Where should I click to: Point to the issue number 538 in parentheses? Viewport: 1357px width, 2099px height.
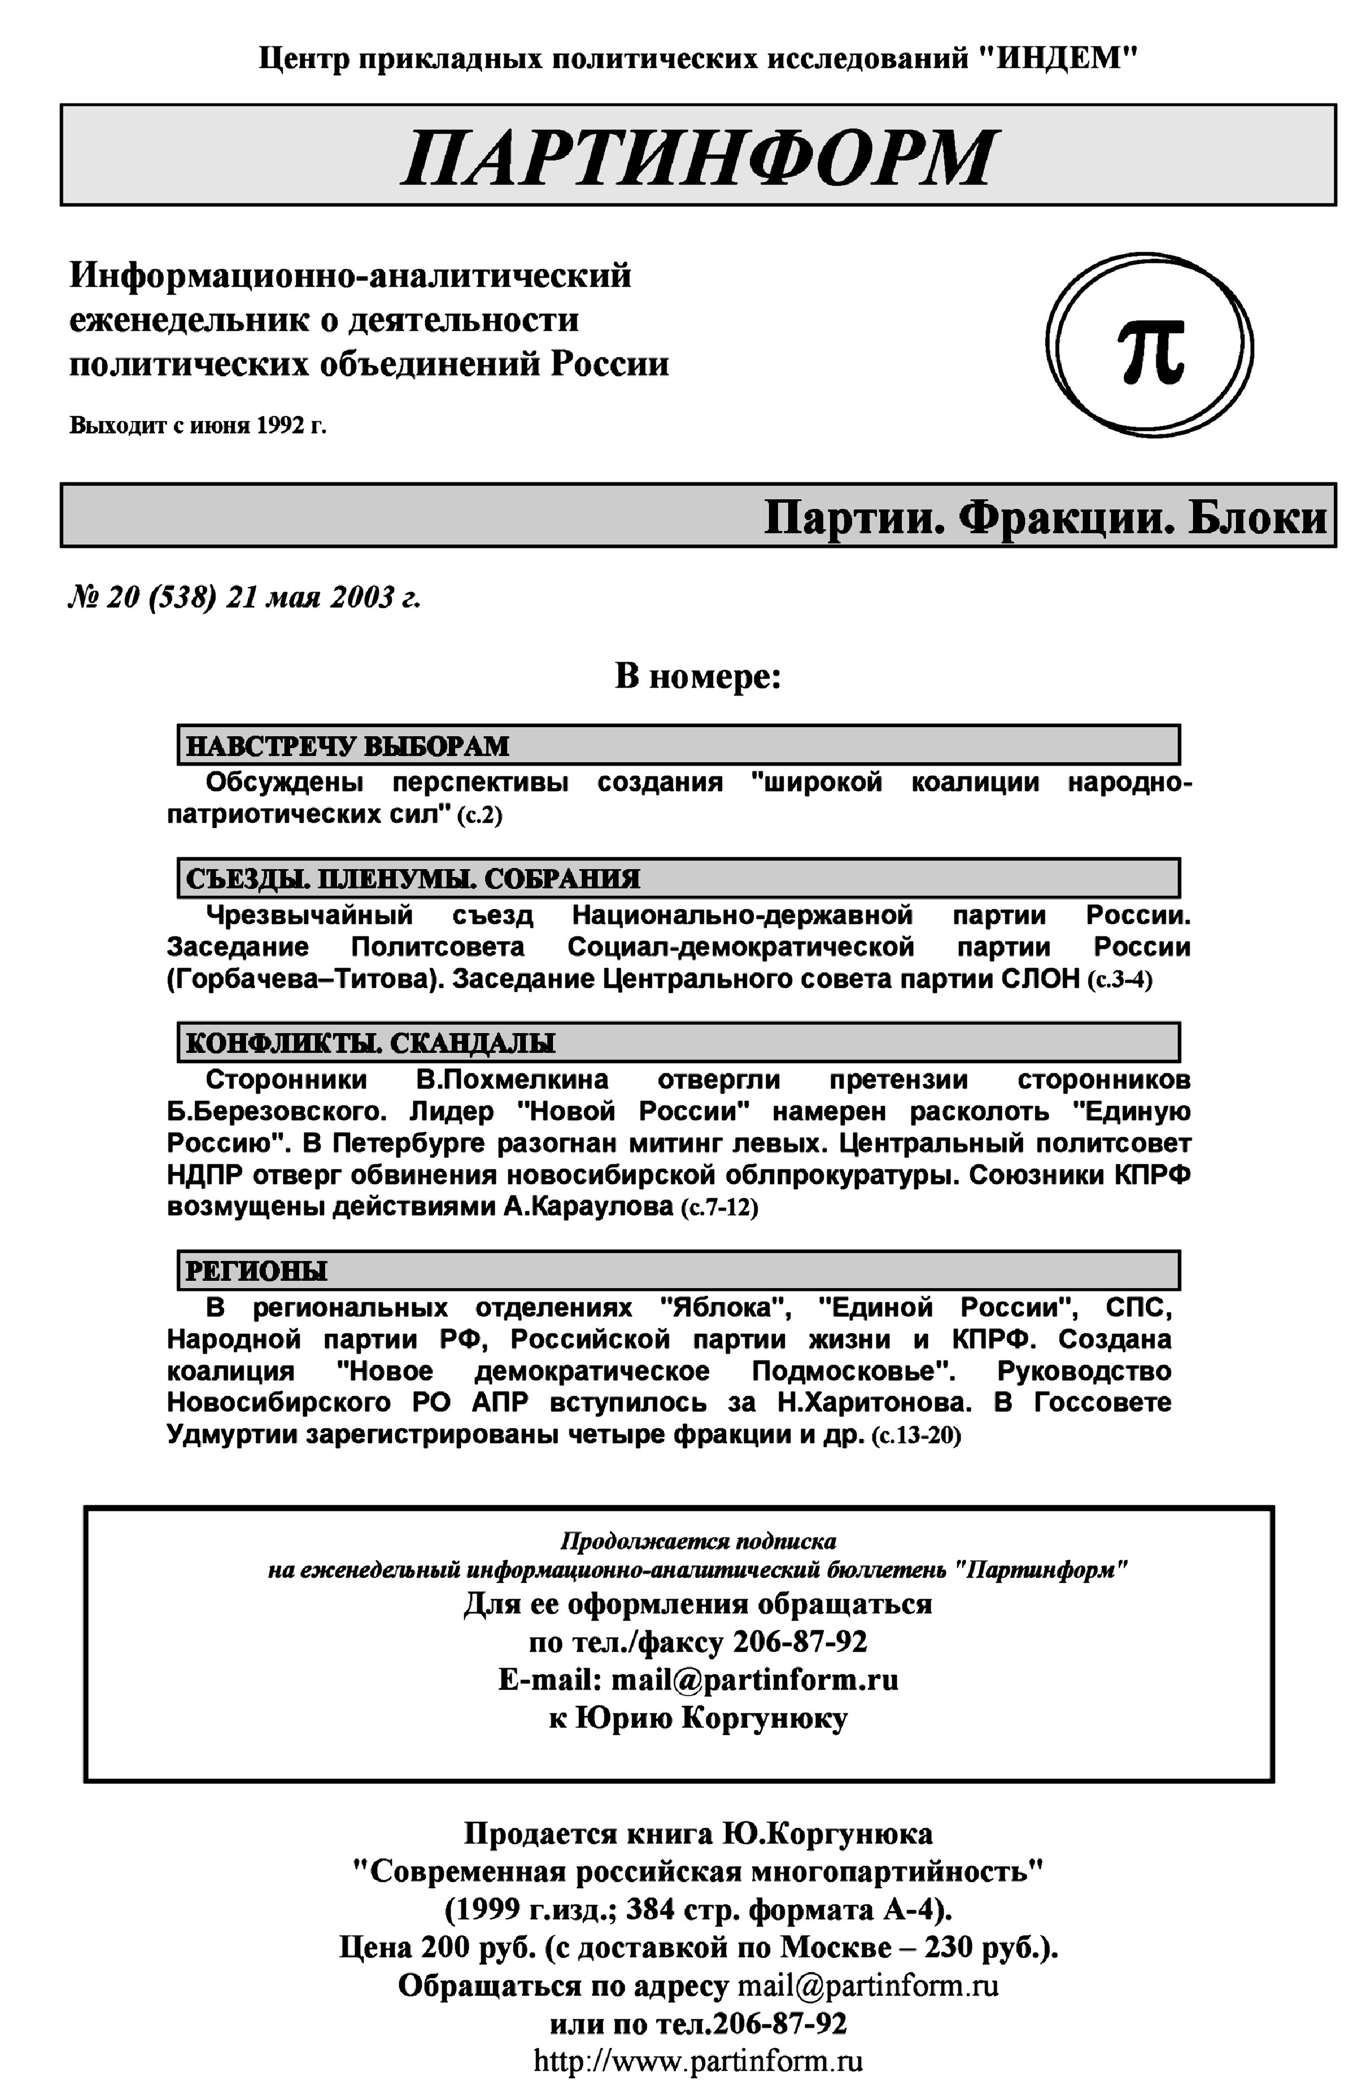(x=183, y=598)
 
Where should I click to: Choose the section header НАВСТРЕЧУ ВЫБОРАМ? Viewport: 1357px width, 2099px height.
(x=347, y=746)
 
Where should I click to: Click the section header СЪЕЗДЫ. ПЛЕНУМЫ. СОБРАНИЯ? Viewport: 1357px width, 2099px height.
(x=412, y=879)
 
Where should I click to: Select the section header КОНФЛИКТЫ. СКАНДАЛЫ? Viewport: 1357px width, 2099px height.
(x=370, y=1043)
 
